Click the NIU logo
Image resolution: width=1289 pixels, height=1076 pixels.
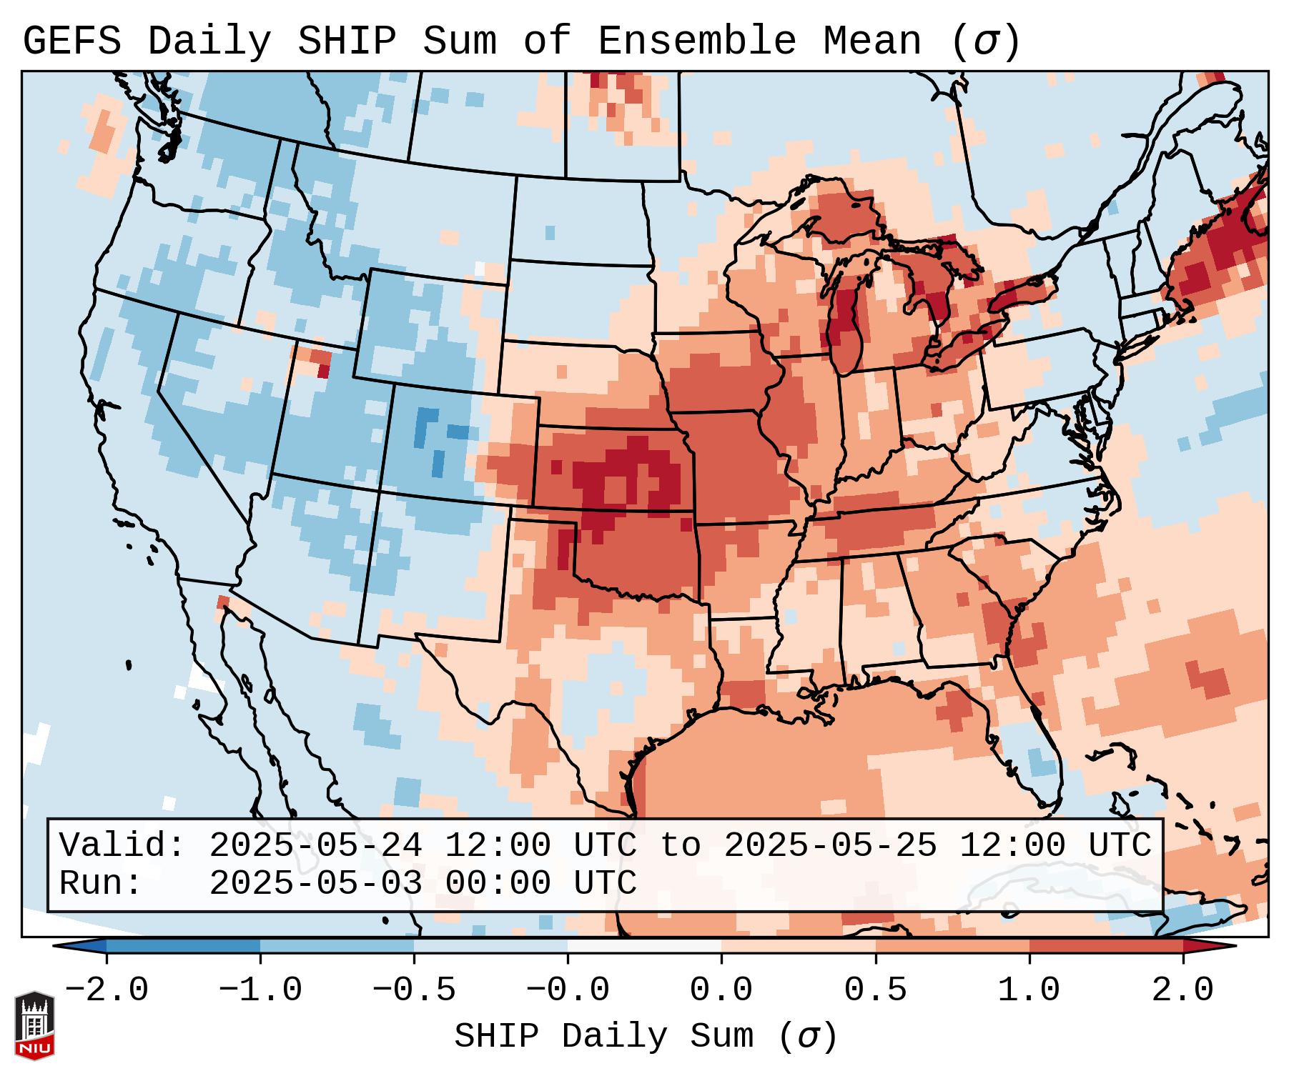34,1025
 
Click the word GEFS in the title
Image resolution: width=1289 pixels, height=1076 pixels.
72,41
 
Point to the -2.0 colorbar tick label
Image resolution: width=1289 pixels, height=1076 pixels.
107,990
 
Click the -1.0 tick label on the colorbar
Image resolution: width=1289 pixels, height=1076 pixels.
260,990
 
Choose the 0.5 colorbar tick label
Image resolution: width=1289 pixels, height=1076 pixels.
876,990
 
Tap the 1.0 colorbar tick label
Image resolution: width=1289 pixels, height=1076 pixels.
1029,990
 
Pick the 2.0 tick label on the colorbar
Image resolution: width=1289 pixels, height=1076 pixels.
1183,990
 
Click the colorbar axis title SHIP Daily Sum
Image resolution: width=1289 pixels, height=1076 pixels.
645,1037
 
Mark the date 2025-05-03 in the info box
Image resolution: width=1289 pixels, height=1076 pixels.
316,883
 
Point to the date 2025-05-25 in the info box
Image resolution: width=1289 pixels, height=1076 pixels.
831,845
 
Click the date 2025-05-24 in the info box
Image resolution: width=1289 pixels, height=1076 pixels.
316,845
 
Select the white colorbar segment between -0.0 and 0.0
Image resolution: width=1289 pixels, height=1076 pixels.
645,945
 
